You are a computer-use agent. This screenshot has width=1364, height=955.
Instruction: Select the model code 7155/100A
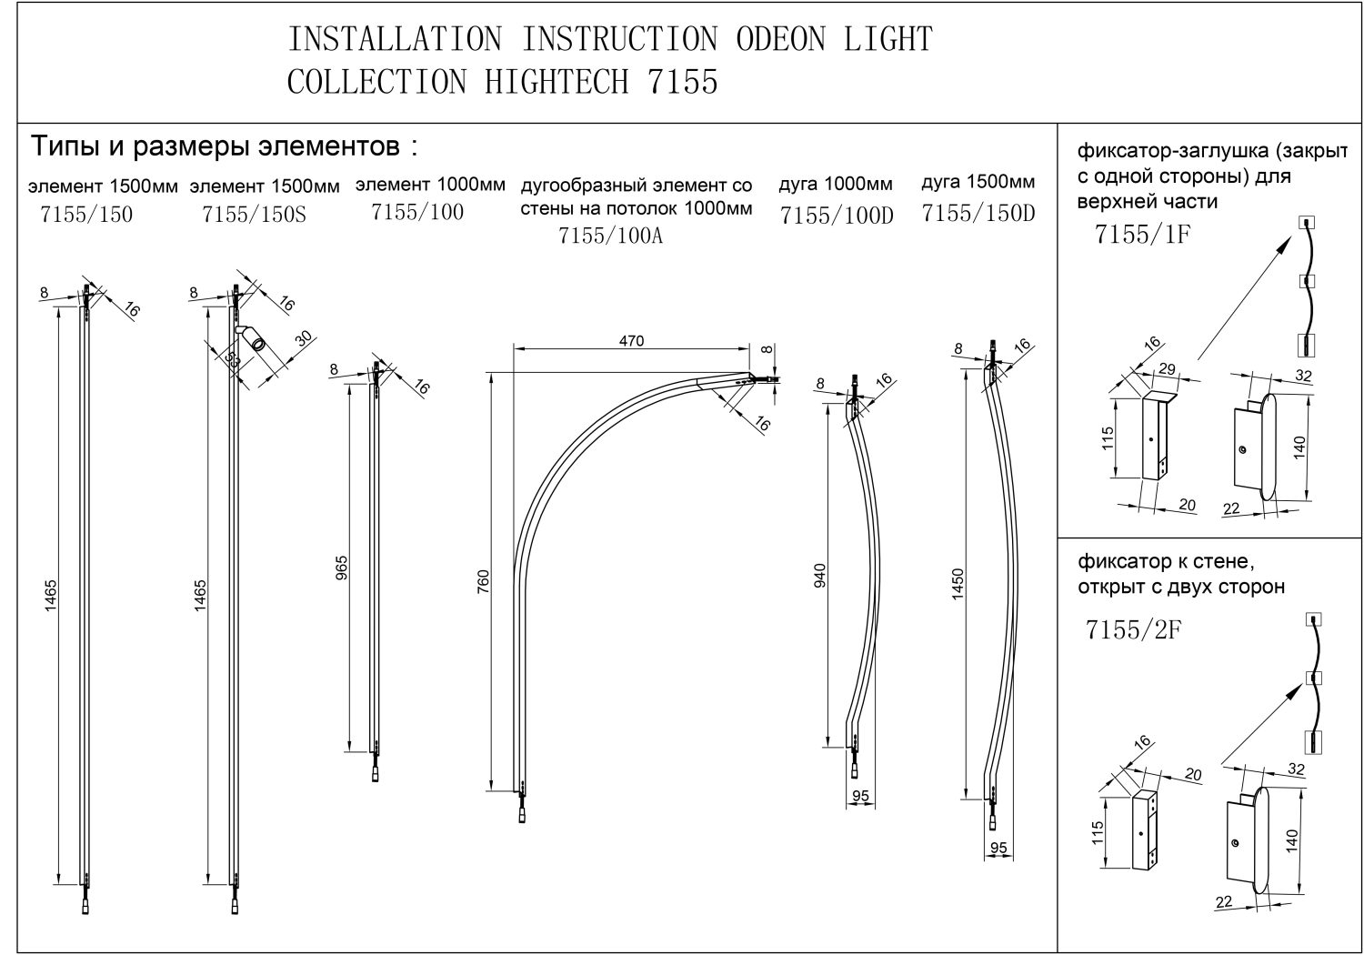coord(610,236)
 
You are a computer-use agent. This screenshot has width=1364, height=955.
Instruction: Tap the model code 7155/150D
coord(978,214)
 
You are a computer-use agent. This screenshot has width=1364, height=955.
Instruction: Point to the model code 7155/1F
coord(1142,234)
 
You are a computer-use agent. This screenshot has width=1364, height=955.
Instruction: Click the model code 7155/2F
coord(1133,629)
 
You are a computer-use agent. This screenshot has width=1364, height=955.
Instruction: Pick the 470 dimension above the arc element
coord(631,341)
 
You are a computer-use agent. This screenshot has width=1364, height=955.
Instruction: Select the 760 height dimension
coord(484,580)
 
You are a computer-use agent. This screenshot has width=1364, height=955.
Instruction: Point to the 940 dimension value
coord(819,576)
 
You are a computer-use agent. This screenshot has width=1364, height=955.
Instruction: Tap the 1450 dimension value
coord(958,583)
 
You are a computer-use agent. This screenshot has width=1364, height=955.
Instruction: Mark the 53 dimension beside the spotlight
coord(234,361)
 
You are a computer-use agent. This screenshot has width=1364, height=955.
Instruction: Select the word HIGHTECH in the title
coord(557,82)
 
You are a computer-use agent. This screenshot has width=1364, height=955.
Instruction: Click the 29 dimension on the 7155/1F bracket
coord(1167,370)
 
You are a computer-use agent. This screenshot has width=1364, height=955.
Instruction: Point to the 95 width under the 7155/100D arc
coord(859,796)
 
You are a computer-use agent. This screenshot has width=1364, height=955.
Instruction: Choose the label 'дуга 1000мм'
coord(835,185)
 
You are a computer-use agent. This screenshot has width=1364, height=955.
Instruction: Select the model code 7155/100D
coord(837,216)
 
